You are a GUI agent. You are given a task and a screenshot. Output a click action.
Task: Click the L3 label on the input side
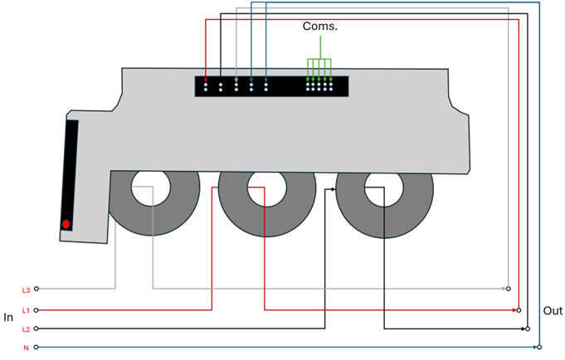pyautogui.click(x=26, y=289)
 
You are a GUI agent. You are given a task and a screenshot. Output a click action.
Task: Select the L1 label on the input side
pyautogui.click(x=26, y=310)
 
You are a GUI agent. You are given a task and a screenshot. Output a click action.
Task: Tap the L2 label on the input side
pyautogui.click(x=26, y=329)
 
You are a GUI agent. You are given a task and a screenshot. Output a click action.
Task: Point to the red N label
pyautogui.click(x=25, y=348)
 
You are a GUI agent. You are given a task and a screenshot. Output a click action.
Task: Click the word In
pyautogui.click(x=9, y=317)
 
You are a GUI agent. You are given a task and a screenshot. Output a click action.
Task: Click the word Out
pyautogui.click(x=553, y=311)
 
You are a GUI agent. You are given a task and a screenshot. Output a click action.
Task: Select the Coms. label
pyautogui.click(x=319, y=27)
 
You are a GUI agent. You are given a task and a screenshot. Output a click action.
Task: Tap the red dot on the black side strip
pyautogui.click(x=66, y=224)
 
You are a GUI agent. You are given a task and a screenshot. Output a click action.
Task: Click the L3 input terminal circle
pyautogui.click(x=37, y=289)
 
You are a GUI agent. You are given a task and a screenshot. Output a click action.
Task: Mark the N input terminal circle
pyautogui.click(x=37, y=347)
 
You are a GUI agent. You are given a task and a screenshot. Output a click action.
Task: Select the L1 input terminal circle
pyautogui.click(x=37, y=310)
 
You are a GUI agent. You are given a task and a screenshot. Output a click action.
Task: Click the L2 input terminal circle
pyautogui.click(x=37, y=328)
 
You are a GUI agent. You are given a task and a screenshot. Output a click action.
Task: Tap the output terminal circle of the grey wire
pyautogui.click(x=509, y=289)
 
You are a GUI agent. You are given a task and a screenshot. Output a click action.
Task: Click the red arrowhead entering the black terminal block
pyautogui.click(x=206, y=80)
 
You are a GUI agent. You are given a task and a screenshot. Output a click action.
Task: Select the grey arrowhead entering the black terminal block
pyautogui.click(x=236, y=80)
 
